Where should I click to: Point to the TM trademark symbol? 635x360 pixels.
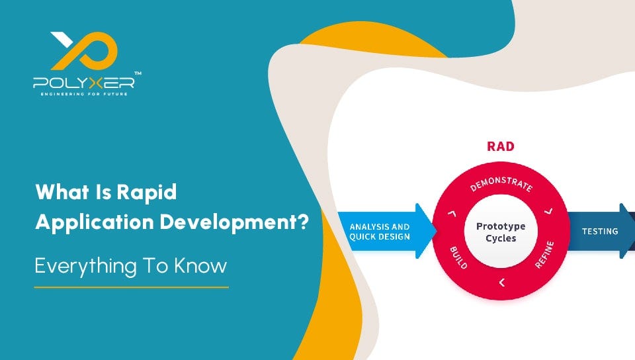tap(137, 73)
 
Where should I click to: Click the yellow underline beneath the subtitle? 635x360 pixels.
tap(131, 287)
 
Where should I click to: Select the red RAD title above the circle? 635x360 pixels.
tap(500, 146)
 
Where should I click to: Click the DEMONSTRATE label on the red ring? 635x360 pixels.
tap(501, 183)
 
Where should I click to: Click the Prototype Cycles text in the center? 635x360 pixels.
tap(501, 232)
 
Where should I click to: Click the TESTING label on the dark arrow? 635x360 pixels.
tap(599, 232)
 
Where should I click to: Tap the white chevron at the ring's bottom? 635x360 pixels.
tap(501, 283)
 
